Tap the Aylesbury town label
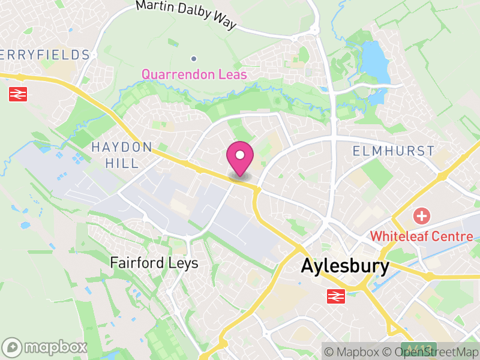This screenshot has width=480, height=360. coord(345,266)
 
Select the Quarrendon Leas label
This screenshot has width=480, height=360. coord(194,74)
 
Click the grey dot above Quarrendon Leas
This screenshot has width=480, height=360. coord(194,59)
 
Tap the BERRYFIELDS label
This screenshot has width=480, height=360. coord(44,55)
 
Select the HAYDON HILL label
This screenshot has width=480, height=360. coord(122,155)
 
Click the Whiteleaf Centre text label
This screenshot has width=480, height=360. coord(421,236)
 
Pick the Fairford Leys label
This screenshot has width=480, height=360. coord(154,263)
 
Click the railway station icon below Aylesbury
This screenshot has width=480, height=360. coord(336,296)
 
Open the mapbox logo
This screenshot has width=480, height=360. coord(46,347)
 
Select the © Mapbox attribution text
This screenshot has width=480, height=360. coord(352,352)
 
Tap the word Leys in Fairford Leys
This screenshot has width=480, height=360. coord(184,263)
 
